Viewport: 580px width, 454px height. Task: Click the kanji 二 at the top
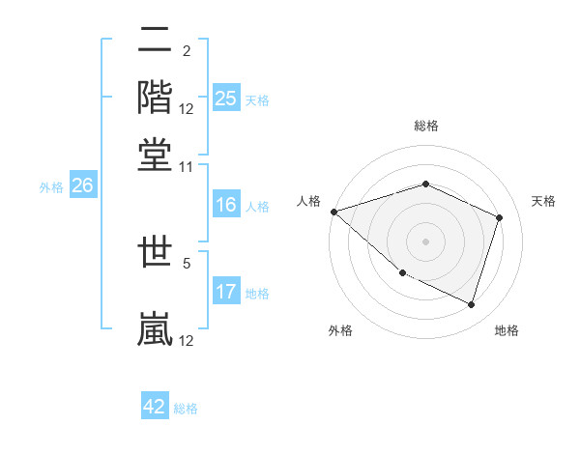coord(156,42)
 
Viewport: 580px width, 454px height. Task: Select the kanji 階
coord(156,96)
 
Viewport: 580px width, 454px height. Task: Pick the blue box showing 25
coord(225,99)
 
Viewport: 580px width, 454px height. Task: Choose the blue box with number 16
coord(225,205)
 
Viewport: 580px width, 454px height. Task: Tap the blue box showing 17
coord(225,292)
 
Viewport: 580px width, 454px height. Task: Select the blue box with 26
coord(82,185)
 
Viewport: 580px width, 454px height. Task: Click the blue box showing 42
coord(155,407)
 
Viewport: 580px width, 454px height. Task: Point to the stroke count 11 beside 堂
coord(187,166)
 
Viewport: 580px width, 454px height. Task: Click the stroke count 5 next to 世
coord(187,261)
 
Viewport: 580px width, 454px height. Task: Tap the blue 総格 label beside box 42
coord(186,409)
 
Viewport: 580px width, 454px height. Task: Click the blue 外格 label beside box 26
coord(50,187)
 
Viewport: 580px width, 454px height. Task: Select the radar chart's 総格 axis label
coord(425,126)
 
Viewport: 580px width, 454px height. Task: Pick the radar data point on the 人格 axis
coord(333,212)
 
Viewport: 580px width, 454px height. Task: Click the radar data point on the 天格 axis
coord(500,217)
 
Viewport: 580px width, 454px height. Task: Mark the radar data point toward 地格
coord(472,305)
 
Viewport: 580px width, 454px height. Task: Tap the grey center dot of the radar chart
coord(425,241)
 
